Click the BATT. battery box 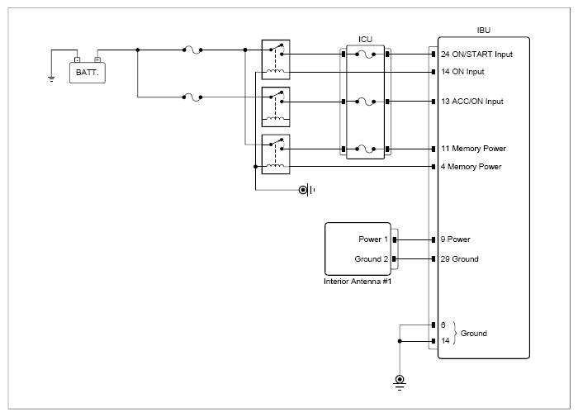88,73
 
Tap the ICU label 365,40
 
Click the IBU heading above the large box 484,31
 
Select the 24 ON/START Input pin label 476,54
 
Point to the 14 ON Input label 462,72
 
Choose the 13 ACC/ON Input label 472,102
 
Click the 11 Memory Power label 474,149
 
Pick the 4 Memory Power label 471,167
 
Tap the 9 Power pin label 456,239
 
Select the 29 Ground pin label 460,259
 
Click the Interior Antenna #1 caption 358,282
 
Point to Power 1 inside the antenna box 373,239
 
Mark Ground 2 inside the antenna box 372,259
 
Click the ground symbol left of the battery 51,78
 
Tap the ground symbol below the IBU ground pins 400,382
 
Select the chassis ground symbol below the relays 306,190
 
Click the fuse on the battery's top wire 192,50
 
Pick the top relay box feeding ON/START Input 276,59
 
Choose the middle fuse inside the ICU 365,102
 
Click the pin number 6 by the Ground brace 443,325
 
